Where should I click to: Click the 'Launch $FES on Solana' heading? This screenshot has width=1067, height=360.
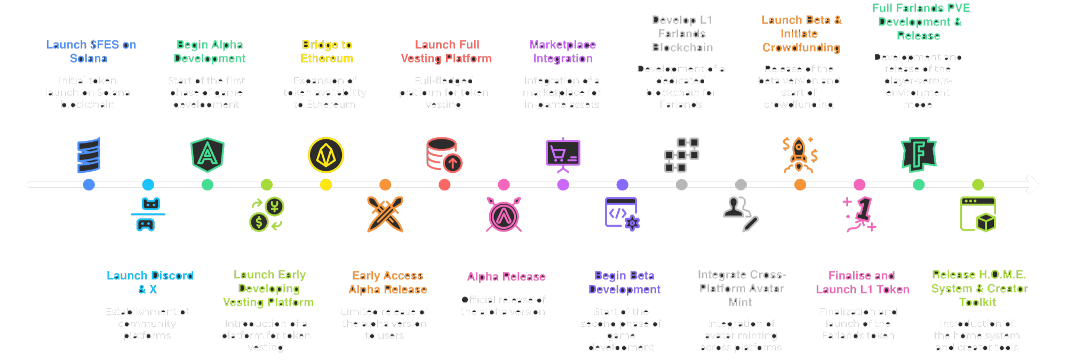point(91,52)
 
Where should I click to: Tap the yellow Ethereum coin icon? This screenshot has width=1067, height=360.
point(326,155)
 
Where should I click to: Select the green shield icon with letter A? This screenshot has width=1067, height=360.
point(208,155)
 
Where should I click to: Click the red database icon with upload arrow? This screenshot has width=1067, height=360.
point(444,155)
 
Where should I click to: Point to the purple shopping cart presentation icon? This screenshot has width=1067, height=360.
point(563,155)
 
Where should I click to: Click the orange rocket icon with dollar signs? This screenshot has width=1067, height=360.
point(800,155)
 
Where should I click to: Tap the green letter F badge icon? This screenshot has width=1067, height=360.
point(919,155)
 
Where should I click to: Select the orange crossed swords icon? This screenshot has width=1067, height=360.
point(385,214)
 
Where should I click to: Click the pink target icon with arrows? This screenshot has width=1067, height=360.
point(504,214)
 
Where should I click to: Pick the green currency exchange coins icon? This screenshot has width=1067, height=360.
point(267,214)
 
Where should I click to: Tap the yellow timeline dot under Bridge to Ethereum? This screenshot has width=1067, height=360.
point(326,185)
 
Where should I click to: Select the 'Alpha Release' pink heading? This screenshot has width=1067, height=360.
point(506,277)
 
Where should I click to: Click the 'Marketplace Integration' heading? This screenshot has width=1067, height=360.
point(563,52)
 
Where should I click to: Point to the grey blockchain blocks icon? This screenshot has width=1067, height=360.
point(681,155)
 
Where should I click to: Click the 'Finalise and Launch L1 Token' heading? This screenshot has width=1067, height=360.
point(862,283)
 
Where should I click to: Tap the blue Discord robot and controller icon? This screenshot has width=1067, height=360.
point(148,214)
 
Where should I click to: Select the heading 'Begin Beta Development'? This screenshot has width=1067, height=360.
point(624,283)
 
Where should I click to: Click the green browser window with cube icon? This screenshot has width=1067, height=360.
point(978,214)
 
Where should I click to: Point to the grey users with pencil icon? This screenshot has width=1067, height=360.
point(740,214)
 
